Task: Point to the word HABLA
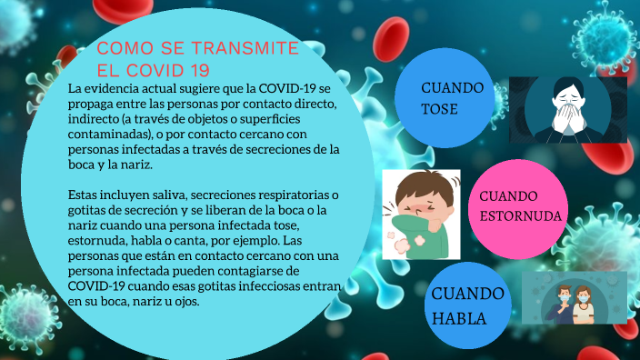click(x=459, y=318)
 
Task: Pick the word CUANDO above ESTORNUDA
click(x=508, y=195)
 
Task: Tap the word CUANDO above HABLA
click(x=467, y=294)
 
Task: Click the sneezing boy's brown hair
click(x=420, y=183)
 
